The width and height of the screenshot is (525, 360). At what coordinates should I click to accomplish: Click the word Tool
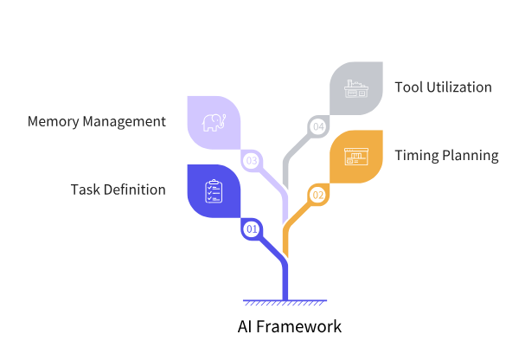point(408,87)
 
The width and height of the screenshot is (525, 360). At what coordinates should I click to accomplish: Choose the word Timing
point(416,157)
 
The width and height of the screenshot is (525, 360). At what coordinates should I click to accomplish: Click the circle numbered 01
point(252,229)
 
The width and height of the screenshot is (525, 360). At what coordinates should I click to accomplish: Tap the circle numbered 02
point(318,195)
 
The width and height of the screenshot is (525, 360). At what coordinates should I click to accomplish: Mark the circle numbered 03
point(252,160)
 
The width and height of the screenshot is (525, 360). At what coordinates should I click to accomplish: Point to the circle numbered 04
point(318,127)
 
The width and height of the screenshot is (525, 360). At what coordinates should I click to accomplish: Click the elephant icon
point(214,122)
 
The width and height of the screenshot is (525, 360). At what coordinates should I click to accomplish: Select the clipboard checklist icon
point(214,190)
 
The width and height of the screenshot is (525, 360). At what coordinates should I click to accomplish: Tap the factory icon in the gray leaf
point(356,88)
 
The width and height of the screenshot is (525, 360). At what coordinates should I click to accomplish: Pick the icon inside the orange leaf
point(356,157)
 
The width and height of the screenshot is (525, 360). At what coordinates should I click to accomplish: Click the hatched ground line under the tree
point(285,302)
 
